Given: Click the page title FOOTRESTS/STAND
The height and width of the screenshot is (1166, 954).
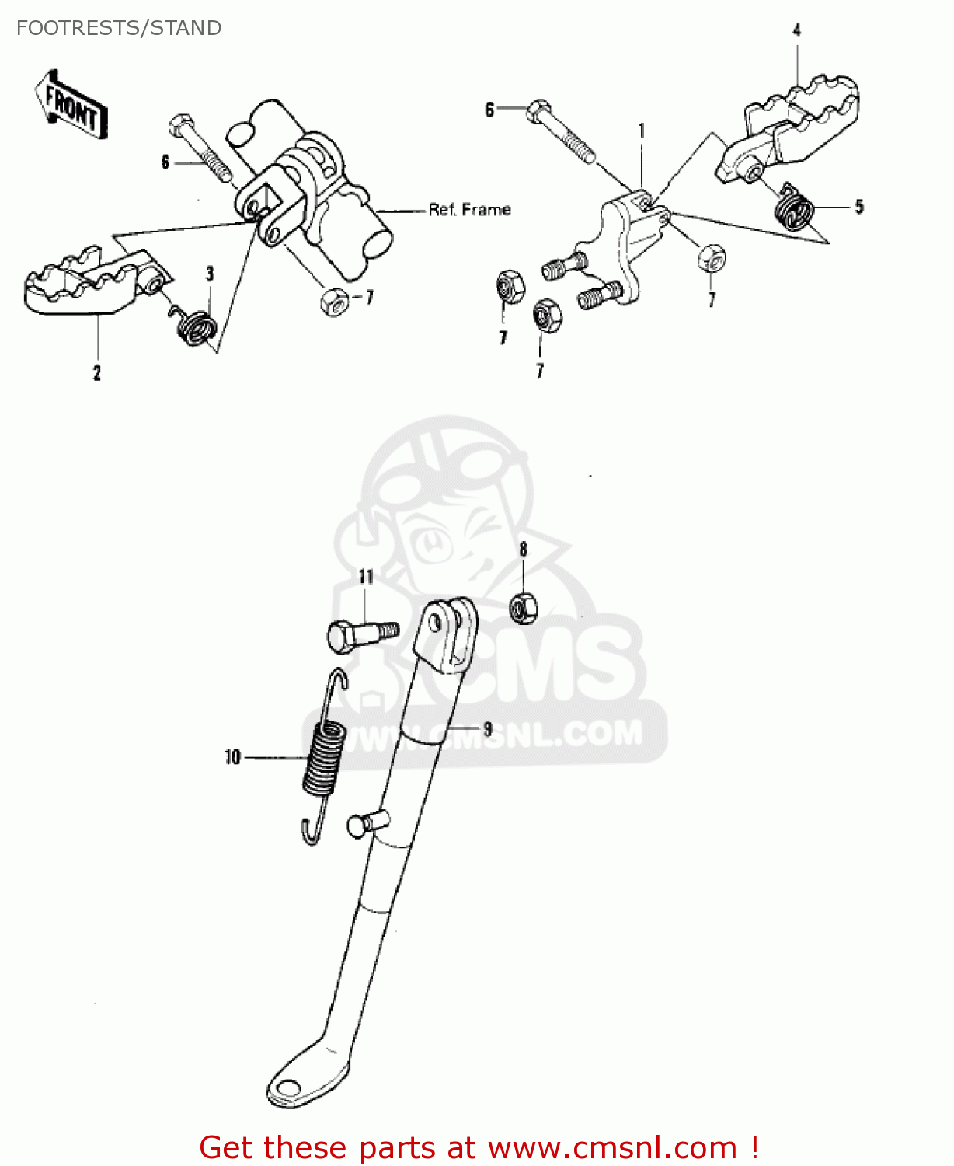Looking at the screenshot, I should [119, 28].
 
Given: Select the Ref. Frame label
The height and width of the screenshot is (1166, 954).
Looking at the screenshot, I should [469, 209].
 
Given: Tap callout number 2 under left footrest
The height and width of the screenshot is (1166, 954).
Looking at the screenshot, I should [97, 372].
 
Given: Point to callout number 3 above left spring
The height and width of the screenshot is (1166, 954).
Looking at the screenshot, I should [210, 274].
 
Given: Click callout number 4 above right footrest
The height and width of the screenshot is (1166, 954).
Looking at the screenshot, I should [796, 30].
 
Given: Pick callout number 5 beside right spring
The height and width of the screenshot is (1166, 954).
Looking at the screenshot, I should [859, 207].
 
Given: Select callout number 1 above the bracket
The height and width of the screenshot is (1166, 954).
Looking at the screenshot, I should [642, 131].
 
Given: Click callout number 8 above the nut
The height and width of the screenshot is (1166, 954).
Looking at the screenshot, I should [524, 550].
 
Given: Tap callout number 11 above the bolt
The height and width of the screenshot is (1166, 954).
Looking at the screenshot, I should [366, 577].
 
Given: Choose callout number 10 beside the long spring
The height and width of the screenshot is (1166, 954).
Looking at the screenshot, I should [232, 757].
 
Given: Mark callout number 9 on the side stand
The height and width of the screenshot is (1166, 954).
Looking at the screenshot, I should [487, 728].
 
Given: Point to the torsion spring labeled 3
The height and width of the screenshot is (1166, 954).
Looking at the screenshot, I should [195, 325].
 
